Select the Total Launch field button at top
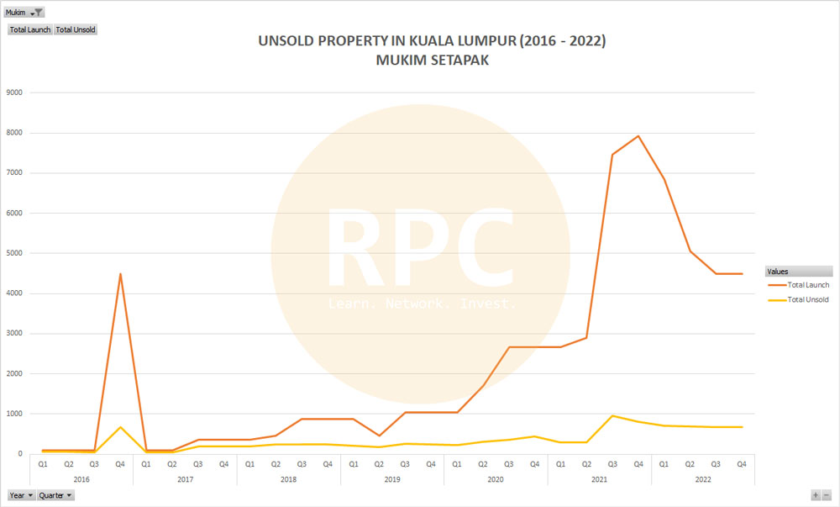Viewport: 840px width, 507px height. pyautogui.click(x=30, y=29)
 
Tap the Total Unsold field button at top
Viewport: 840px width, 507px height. pyautogui.click(x=76, y=29)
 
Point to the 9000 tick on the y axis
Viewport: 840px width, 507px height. pyautogui.click(x=14, y=92)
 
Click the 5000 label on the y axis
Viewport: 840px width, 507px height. pyautogui.click(x=14, y=253)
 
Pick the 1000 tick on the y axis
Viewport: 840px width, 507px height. pyautogui.click(x=14, y=414)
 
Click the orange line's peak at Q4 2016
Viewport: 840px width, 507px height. pyautogui.click(x=120, y=274)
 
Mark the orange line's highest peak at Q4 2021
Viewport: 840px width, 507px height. pyautogui.click(x=638, y=136)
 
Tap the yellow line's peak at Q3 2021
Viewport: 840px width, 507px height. pyautogui.click(x=612, y=415)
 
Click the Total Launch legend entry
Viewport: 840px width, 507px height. pyautogui.click(x=808, y=285)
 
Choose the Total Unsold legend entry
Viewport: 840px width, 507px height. pyautogui.click(x=808, y=299)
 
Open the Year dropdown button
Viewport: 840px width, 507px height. pyautogui.click(x=22, y=495)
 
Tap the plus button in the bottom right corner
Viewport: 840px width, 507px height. pyautogui.click(x=815, y=495)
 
